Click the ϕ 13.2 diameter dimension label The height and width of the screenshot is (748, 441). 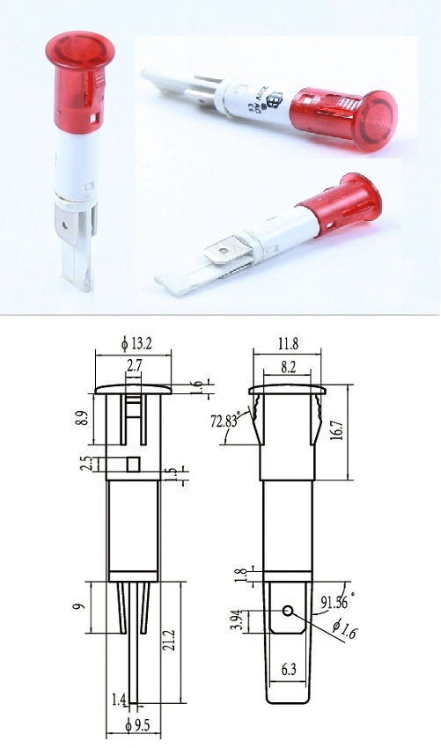pyautogui.click(x=133, y=343)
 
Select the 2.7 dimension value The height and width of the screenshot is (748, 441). pyautogui.click(x=134, y=364)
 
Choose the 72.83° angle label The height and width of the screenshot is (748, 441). pyautogui.click(x=224, y=421)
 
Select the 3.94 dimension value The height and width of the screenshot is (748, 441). pyautogui.click(x=239, y=620)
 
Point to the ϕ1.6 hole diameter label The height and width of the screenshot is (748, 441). pyautogui.click(x=338, y=628)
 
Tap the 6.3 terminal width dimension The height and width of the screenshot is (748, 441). pyautogui.click(x=287, y=671)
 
